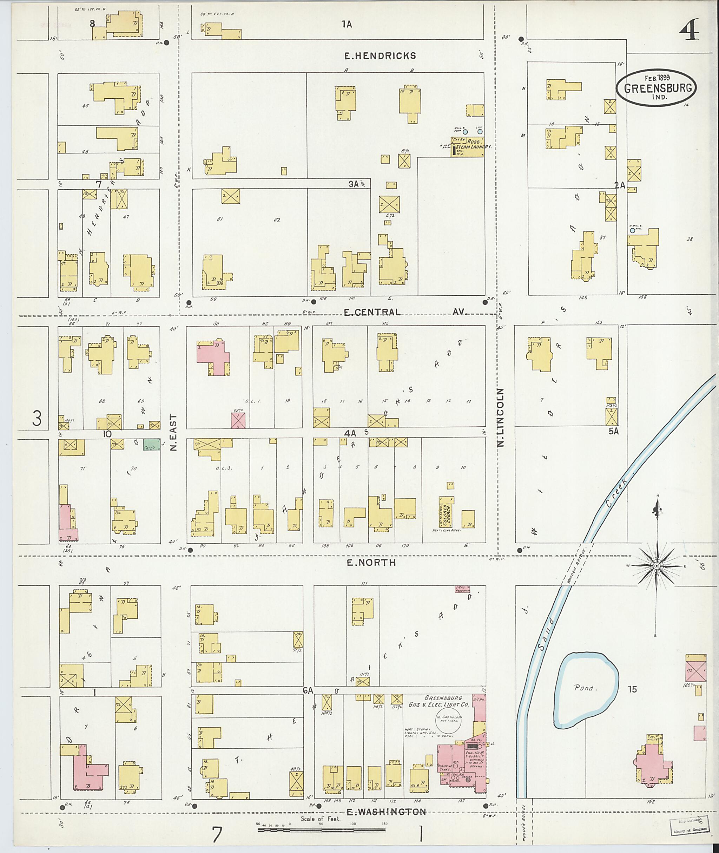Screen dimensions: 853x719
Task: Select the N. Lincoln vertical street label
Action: click(x=501, y=417)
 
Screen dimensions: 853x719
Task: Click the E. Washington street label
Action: click(x=386, y=812)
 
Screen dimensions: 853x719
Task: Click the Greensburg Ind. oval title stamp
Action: click(x=656, y=88)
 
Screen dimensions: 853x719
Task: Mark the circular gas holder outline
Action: click(x=448, y=721)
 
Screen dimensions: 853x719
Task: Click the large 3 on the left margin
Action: click(x=37, y=418)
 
